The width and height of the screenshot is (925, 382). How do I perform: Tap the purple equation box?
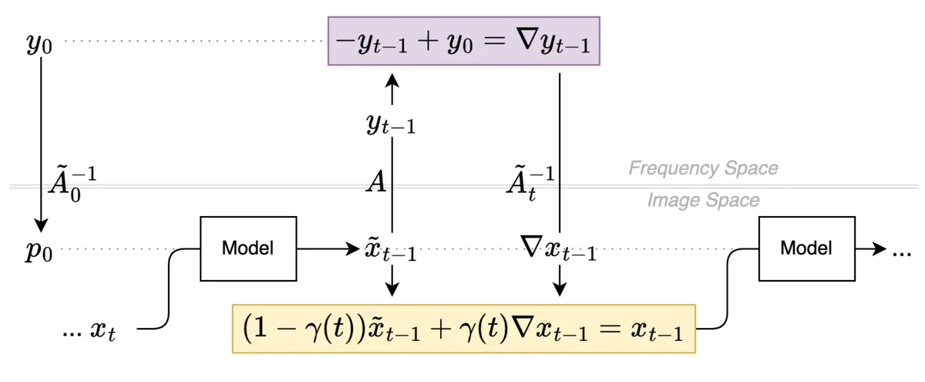pos(464,41)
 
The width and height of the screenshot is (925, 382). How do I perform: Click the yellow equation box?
pos(463,328)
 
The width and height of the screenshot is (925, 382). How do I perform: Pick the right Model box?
pos(806,248)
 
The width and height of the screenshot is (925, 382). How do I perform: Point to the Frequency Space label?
pos(703,167)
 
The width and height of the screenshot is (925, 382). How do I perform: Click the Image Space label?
pos(703,201)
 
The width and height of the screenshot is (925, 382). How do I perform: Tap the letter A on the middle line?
pos(376,183)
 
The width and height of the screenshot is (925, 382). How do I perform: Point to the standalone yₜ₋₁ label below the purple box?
pos(391,126)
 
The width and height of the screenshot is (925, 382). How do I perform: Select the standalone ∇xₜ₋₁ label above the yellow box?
pos(560,251)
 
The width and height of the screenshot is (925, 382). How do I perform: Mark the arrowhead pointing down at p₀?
pos(40,226)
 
